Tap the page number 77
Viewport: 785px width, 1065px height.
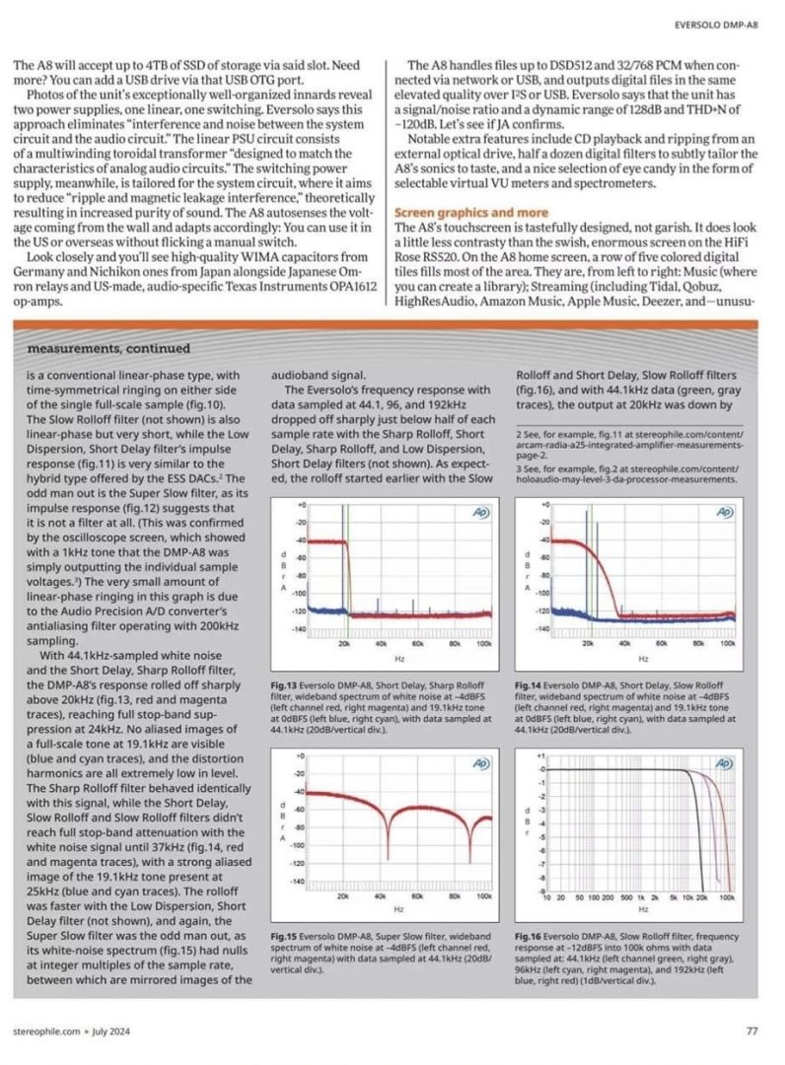pos(751,1031)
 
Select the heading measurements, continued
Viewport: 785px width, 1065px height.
pos(108,348)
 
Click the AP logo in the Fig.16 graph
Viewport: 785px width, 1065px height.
pos(724,762)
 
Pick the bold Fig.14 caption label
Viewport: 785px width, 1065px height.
pos(529,683)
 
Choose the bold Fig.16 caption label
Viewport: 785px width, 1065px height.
pos(529,932)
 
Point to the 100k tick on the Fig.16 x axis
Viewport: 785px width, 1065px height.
pos(726,898)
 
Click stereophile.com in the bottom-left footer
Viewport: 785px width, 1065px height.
pos(45,1031)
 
